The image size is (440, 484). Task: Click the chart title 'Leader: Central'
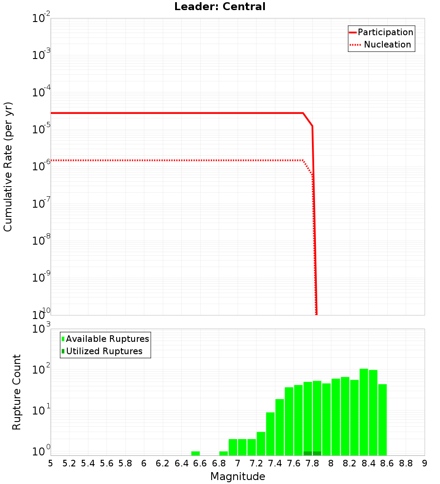tap(220, 7)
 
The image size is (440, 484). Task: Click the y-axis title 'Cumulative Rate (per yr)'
tap(8, 167)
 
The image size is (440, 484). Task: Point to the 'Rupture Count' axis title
tap(17, 392)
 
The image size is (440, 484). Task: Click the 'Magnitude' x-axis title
tap(238, 477)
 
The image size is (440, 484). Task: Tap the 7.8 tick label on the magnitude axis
tap(312, 463)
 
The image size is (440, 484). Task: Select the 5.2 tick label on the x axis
tap(69, 463)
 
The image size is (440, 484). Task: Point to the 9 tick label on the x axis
tap(425, 463)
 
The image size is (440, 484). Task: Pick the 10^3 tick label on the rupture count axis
tap(41, 329)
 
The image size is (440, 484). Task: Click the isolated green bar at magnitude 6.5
tap(195, 453)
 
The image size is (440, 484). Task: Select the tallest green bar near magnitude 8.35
tap(364, 412)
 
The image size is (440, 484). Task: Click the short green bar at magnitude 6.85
tap(224, 453)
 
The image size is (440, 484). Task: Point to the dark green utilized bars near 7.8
tap(312, 453)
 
